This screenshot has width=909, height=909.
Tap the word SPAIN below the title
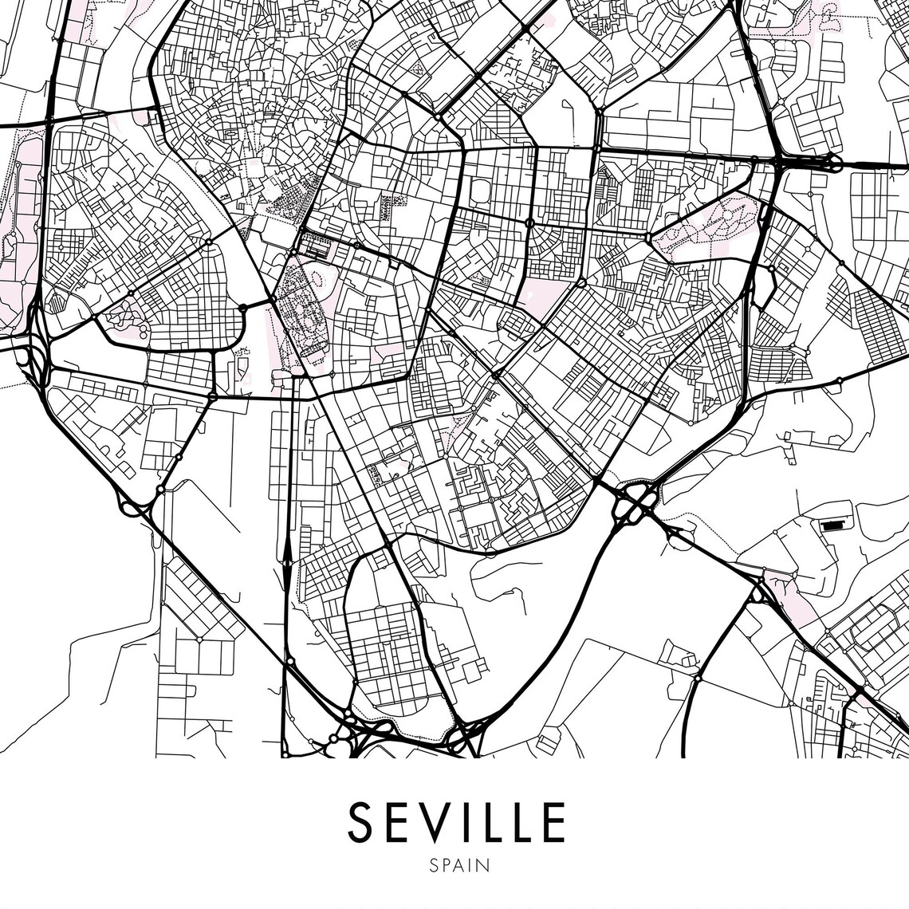coord(458,865)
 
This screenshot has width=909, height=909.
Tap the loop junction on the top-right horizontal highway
coord(831,163)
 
